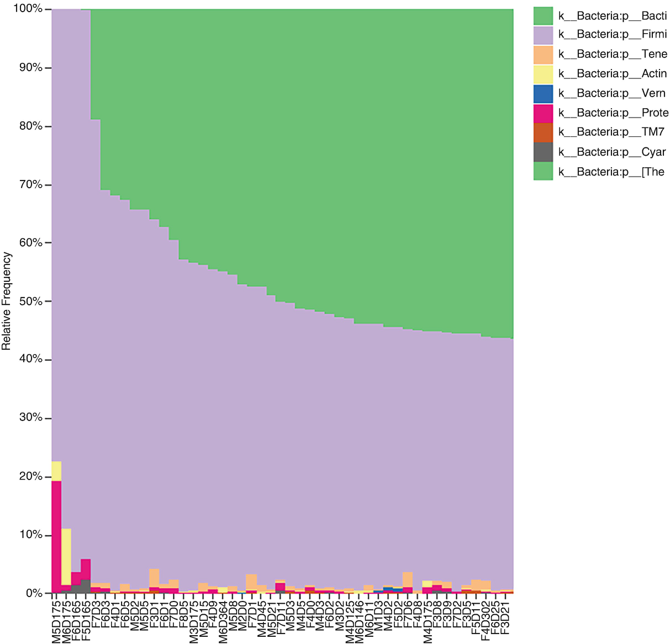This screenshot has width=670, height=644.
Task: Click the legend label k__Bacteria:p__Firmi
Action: [613, 34]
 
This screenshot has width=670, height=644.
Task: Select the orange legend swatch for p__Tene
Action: [543, 54]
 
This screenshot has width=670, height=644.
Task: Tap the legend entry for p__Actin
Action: [612, 73]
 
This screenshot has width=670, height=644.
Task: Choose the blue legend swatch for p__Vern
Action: [543, 93]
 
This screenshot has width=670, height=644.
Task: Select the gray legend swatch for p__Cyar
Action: [543, 152]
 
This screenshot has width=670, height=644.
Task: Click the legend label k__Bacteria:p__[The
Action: [611, 172]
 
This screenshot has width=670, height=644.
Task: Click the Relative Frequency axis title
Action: [7, 301]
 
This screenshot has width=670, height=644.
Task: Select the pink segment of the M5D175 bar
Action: [56, 535]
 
